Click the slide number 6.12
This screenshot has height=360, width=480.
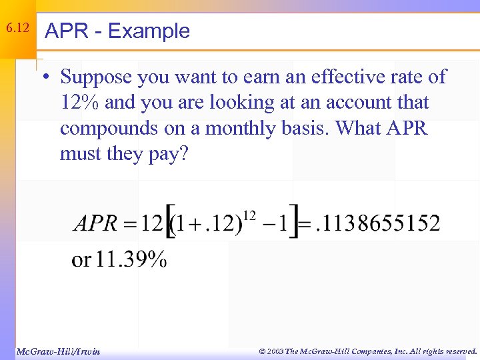coord(17,29)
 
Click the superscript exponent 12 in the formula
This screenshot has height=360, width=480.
coord(249,215)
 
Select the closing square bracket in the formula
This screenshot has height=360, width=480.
coord(293,223)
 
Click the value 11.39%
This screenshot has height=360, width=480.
coord(131,259)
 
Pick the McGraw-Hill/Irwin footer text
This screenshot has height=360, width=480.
coord(58,351)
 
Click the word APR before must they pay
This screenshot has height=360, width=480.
coord(403,129)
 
